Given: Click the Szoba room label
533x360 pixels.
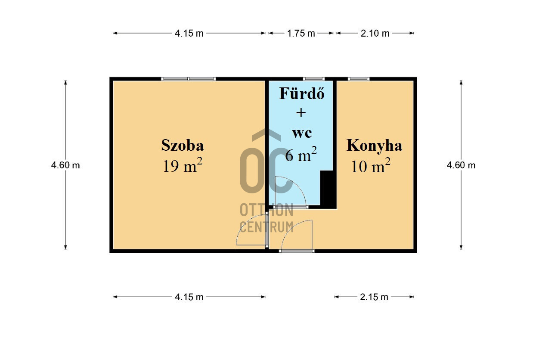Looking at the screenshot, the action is point(183,145).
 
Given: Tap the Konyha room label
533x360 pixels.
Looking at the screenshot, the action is point(374,146).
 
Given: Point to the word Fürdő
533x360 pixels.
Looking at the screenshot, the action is point(302,93).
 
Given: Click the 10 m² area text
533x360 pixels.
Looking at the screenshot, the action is point(371,165).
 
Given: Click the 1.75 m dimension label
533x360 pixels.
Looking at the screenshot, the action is point(301,33).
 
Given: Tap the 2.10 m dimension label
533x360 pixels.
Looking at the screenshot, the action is point(375,33).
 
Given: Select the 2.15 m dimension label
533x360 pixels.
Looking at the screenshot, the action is point(374,297).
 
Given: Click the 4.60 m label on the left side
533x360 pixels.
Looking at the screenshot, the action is point(65,165).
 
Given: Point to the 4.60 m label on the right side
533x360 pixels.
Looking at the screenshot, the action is point(461,165).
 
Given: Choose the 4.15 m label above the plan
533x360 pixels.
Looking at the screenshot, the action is point(189,33).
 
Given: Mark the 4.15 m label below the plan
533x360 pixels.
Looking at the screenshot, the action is point(189,297).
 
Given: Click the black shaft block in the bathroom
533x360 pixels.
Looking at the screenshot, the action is point(328,189).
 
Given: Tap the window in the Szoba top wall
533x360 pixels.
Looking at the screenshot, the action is point(189,79).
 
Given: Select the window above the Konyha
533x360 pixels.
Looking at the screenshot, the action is point(359,79).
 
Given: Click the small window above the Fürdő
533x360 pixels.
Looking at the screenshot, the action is point(313,79).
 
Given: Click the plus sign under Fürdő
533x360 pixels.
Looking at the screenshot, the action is point(301,113).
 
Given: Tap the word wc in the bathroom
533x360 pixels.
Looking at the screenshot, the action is point(302,133).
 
